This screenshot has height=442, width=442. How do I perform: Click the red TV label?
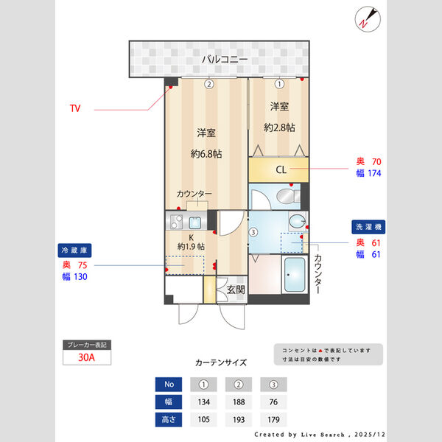pos(74,108)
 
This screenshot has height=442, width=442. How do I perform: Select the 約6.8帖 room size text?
pos(206,154)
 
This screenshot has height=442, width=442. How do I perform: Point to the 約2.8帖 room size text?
pos(279,127)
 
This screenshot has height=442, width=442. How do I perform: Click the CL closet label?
pos(281,170)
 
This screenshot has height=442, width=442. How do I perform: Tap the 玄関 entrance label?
pos(236,290)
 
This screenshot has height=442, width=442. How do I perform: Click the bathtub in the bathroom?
pos(295,276)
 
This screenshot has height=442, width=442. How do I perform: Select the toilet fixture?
pos(285,197)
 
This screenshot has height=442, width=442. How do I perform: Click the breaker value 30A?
pos(87,358)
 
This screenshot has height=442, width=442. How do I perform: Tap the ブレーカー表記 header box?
pos(87,345)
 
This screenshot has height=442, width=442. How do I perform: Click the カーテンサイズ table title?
pos(221,362)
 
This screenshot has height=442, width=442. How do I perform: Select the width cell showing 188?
pos(239,402)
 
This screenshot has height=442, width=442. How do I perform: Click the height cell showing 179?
pos(273,421)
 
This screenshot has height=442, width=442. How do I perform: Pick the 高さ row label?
pos(169,421)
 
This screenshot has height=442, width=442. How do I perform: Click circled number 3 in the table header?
pos(273,384)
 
